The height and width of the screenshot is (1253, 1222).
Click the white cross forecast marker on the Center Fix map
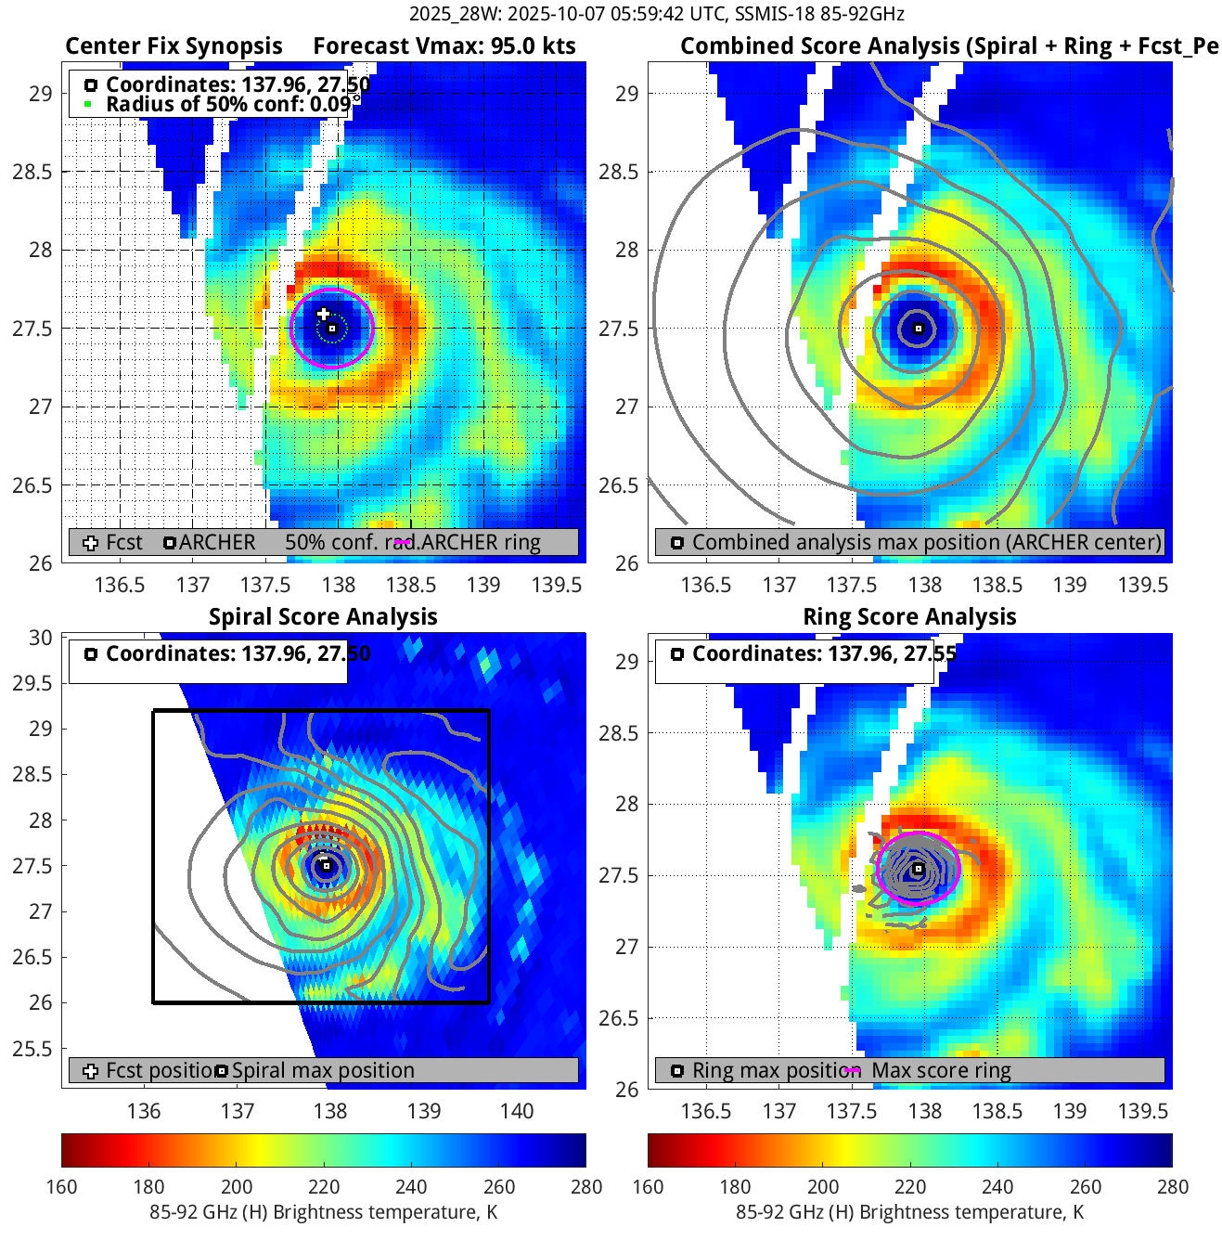coord(323,314)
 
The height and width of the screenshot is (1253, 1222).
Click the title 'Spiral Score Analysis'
coord(323,617)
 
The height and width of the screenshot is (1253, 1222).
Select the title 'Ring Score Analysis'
coord(909,617)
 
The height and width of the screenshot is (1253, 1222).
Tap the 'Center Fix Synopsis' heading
coord(174,46)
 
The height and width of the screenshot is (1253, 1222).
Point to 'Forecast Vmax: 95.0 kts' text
coord(444,46)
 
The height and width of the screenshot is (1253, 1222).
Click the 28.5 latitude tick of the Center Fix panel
coord(32,172)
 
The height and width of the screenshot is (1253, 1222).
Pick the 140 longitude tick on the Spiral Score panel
coord(517,1111)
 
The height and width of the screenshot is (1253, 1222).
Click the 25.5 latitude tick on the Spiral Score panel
coord(32,1049)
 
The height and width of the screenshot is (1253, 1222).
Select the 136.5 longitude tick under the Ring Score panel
coord(706,1111)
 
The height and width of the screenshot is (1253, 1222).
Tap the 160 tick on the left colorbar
coord(62,1186)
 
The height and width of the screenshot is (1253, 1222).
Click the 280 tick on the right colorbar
coord(1172,1186)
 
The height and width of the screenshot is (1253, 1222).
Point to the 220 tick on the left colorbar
coord(324,1186)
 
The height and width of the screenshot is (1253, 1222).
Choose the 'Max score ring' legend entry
coord(941,1070)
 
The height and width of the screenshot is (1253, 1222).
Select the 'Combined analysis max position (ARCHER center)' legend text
coord(926,542)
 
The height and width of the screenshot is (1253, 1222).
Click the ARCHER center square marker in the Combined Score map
coord(919,329)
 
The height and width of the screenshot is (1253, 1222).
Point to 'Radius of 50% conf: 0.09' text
coord(228,104)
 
